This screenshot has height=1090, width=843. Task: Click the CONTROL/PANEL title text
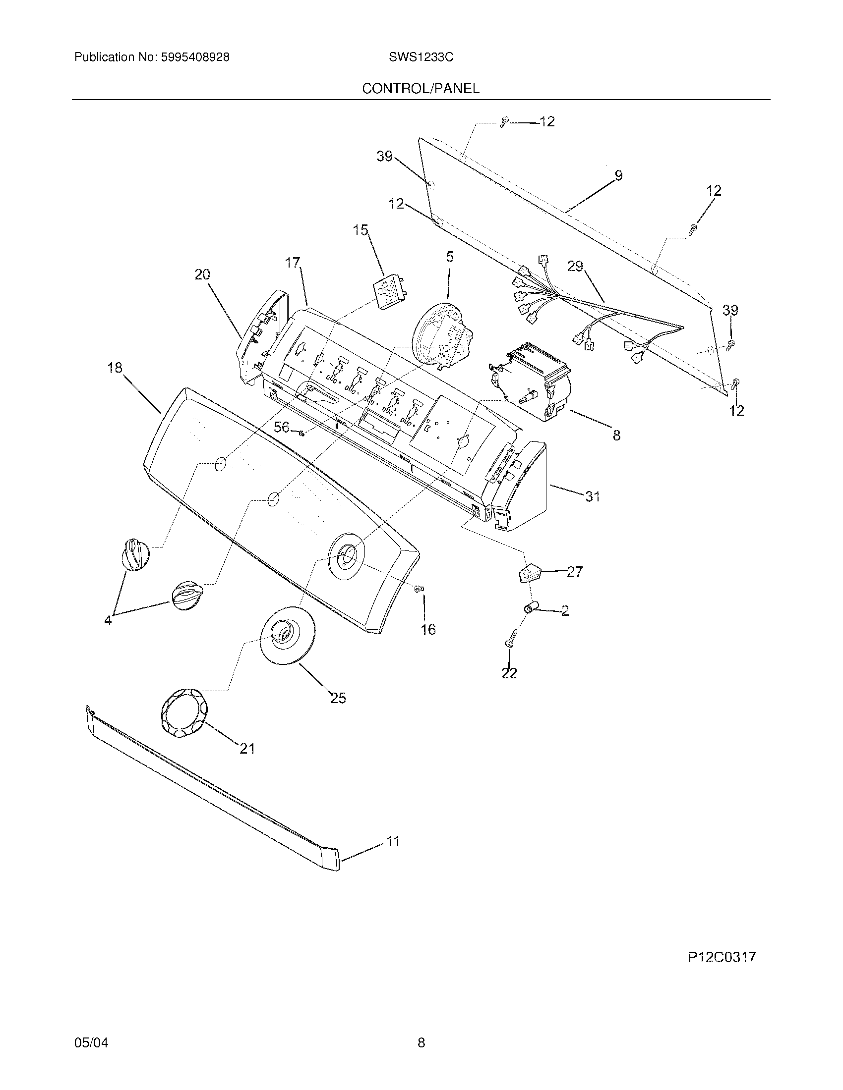421,88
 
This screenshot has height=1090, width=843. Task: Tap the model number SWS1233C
421,57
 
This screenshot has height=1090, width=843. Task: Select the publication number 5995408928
195,57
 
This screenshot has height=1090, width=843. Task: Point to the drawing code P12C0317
722,957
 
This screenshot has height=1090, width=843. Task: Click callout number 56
282,427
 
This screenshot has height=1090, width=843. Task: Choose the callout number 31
592,496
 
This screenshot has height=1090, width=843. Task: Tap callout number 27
575,571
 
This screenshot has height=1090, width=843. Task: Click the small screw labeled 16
419,590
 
